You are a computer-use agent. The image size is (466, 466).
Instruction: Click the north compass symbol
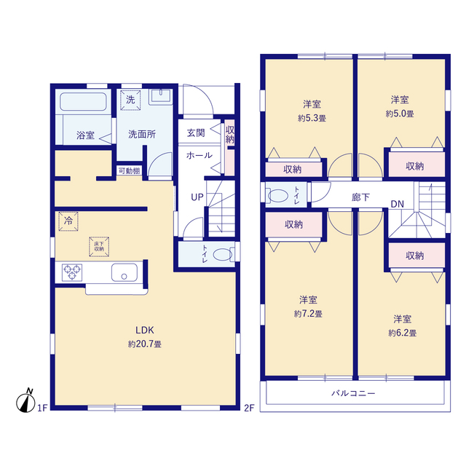pyautogui.click(x=25, y=401)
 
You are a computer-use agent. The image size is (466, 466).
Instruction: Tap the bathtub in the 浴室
pyautogui.click(x=83, y=101)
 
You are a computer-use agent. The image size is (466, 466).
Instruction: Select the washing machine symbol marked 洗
pyautogui.click(x=130, y=100)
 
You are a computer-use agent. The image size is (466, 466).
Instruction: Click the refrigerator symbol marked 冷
pyautogui.click(x=68, y=221)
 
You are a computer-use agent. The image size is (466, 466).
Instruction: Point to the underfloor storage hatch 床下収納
pyautogui.click(x=99, y=247)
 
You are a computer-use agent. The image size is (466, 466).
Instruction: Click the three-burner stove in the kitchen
pyautogui.click(x=72, y=272)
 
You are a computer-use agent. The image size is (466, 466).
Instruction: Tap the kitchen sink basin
pyautogui.click(x=125, y=272)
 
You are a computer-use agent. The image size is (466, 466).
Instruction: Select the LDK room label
pyautogui.click(x=145, y=330)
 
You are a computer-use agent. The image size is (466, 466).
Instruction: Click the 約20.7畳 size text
pyautogui.click(x=145, y=344)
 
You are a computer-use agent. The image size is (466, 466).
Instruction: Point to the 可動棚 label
pyautogui.click(x=129, y=171)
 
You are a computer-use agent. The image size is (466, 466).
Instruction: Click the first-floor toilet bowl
pyautogui.click(x=223, y=254)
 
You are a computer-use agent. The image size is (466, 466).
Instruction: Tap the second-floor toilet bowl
pyautogui.click(x=278, y=196)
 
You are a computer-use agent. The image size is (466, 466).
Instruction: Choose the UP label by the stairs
pyautogui.click(x=197, y=197)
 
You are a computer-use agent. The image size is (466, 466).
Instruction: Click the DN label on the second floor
pyautogui.click(x=398, y=204)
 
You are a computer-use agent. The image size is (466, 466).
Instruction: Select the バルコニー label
pyautogui.click(x=353, y=393)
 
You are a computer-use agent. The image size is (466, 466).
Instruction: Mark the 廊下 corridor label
pyautogui.click(x=360, y=197)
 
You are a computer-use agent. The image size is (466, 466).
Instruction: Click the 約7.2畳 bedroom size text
pyautogui.click(x=308, y=314)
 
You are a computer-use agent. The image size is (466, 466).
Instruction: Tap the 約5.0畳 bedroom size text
pyautogui.click(x=400, y=114)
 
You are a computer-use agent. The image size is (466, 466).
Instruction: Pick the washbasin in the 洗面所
pyautogui.click(x=161, y=95)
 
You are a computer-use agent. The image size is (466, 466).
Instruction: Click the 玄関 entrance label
pyautogui.click(x=196, y=133)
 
